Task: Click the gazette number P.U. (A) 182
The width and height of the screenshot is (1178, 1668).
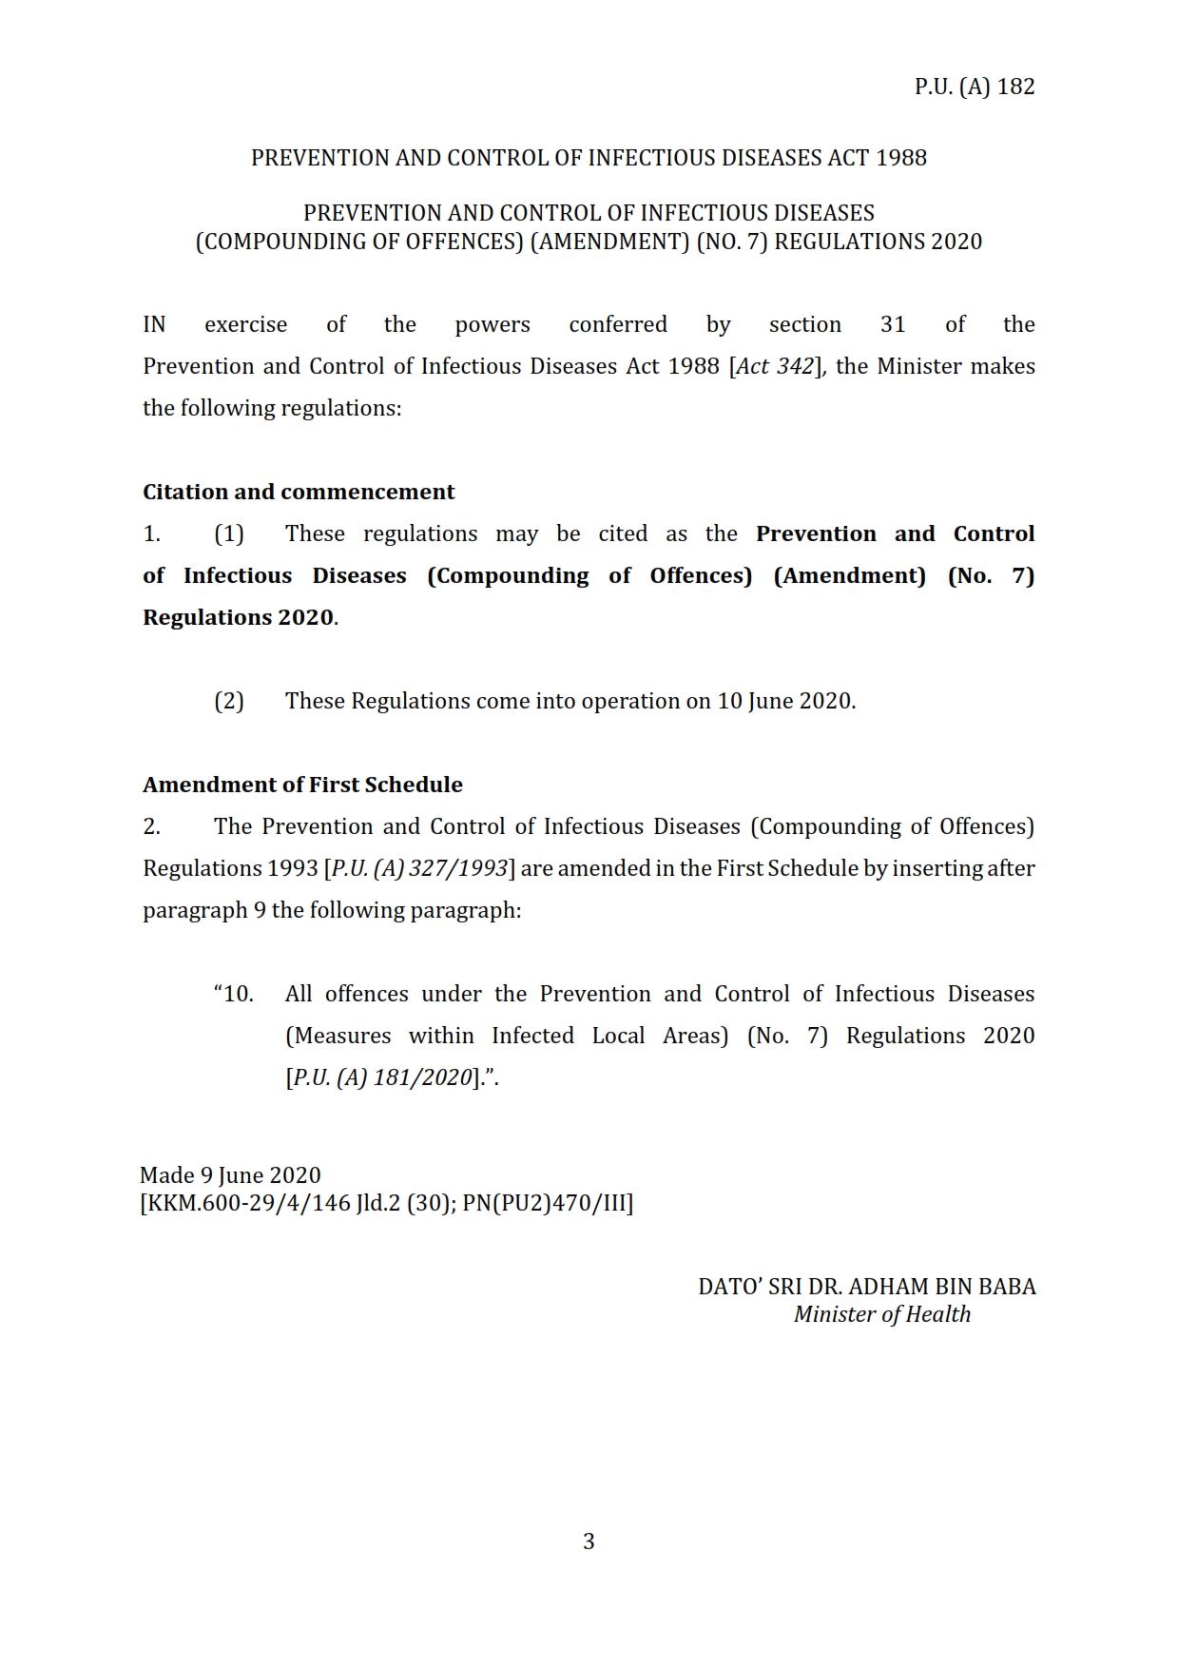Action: point(974,87)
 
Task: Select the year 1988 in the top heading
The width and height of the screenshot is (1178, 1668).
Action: point(900,158)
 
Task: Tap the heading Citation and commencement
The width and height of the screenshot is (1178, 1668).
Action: point(299,492)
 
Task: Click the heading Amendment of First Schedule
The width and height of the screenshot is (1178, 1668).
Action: point(302,785)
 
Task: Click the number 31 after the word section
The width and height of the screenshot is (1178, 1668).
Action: point(893,324)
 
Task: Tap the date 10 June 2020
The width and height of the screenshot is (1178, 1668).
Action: point(784,701)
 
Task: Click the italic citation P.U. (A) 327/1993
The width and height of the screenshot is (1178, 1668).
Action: point(418,868)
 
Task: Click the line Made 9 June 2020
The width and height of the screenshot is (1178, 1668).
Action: point(230,1175)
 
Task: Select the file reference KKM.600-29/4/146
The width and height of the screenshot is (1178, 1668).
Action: point(249,1203)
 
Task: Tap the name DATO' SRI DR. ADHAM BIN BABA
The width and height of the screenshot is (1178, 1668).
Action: point(866,1287)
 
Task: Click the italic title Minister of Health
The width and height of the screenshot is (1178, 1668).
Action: point(882,1314)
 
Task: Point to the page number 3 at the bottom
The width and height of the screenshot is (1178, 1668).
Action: point(589,1542)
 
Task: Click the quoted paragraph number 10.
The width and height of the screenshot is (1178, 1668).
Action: point(235,994)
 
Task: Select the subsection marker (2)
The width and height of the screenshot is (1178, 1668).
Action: point(228,701)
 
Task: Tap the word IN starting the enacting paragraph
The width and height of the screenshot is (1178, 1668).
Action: point(154,324)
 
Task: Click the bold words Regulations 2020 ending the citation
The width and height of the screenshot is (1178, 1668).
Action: point(238,617)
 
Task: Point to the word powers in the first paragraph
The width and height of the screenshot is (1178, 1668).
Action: point(492,324)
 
